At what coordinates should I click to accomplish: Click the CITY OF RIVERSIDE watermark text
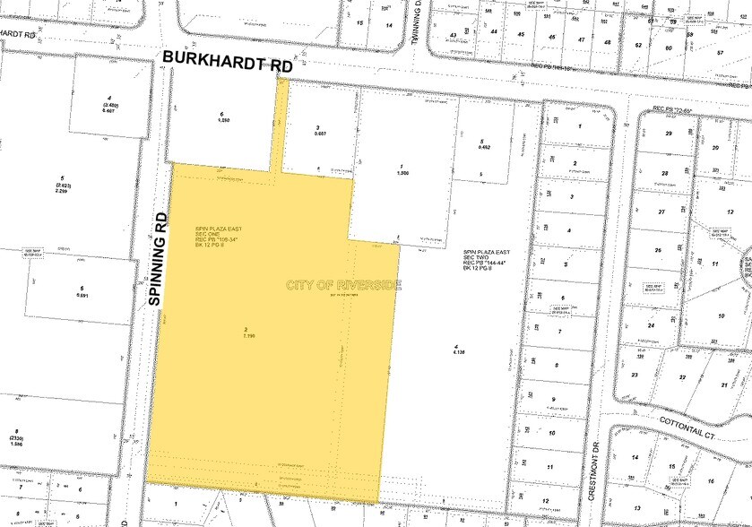coord(344,285)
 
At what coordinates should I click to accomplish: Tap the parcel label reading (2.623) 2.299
coord(61,184)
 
